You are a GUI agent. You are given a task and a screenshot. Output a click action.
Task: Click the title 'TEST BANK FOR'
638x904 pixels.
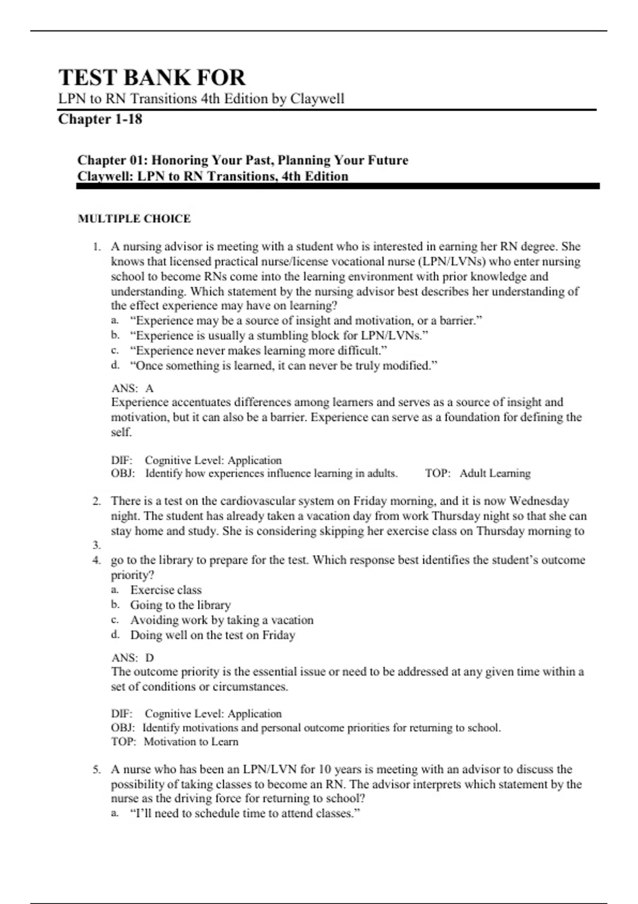click(x=152, y=78)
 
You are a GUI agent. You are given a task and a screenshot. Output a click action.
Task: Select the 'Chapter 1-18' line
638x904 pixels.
click(x=100, y=119)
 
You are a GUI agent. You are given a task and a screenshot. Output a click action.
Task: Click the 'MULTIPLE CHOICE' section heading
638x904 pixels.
click(x=134, y=219)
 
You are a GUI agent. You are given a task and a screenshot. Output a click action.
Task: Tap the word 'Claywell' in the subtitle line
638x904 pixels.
click(x=317, y=99)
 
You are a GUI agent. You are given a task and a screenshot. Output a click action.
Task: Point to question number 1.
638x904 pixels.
click(x=96, y=247)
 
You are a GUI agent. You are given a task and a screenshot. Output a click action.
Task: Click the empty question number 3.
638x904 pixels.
click(x=96, y=545)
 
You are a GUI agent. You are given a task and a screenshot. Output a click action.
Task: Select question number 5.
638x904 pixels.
click(x=96, y=769)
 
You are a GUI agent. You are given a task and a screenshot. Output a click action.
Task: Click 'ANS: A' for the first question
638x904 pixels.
click(x=132, y=388)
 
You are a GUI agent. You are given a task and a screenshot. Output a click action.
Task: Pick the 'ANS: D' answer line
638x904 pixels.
click(x=132, y=658)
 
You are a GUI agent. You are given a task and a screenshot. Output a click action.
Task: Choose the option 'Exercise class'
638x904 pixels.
click(x=166, y=590)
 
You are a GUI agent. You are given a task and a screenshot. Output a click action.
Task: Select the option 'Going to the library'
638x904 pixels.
click(x=180, y=605)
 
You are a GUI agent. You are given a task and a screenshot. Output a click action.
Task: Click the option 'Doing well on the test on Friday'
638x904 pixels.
click(x=213, y=635)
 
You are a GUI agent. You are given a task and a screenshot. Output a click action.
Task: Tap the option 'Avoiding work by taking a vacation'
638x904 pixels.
click(x=222, y=620)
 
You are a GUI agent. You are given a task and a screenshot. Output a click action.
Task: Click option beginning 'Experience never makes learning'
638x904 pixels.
click(x=258, y=350)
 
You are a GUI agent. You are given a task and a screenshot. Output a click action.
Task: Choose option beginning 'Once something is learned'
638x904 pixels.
click(x=283, y=366)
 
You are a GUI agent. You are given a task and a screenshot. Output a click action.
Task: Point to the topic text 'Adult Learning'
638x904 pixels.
click(x=495, y=473)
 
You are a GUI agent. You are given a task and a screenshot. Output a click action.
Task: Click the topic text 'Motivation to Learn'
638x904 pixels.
click(x=191, y=742)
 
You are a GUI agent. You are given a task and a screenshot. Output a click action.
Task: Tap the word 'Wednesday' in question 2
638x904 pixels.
click(x=539, y=501)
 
